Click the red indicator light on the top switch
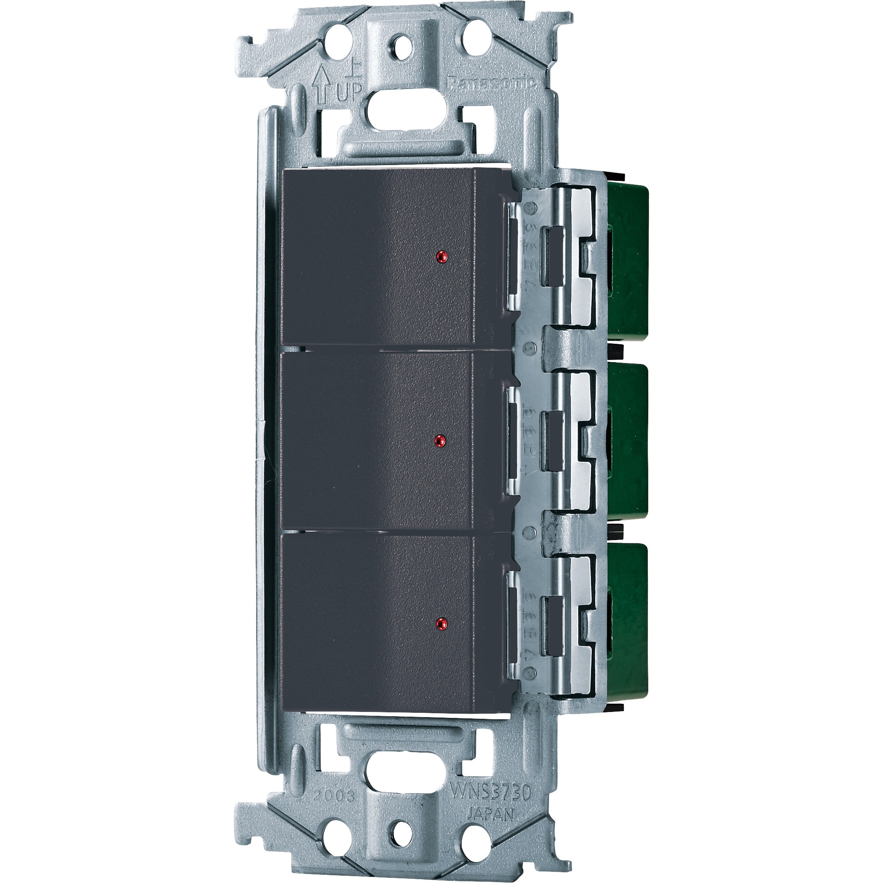click(441, 257)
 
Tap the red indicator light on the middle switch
click(439, 440)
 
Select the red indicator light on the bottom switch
click(440, 623)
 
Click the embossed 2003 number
click(334, 795)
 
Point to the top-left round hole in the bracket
click(336, 44)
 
